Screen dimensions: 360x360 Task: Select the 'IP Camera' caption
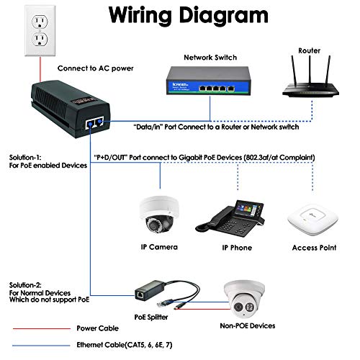158,247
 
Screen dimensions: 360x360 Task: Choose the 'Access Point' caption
313,247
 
